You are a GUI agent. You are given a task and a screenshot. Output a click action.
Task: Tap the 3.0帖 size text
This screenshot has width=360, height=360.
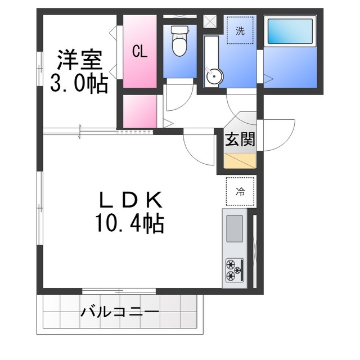click(x=79, y=84)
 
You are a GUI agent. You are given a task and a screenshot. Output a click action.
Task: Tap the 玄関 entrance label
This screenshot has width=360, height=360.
click(x=240, y=139)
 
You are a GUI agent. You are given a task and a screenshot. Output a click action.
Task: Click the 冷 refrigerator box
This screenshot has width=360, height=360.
click(x=240, y=191)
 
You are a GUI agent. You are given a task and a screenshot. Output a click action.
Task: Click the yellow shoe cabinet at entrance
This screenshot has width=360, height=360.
click(x=240, y=160)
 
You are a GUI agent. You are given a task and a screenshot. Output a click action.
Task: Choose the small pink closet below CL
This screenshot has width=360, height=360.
click(x=139, y=112)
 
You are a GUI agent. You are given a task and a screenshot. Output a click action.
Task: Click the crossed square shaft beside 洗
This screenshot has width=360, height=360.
click(x=209, y=21)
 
